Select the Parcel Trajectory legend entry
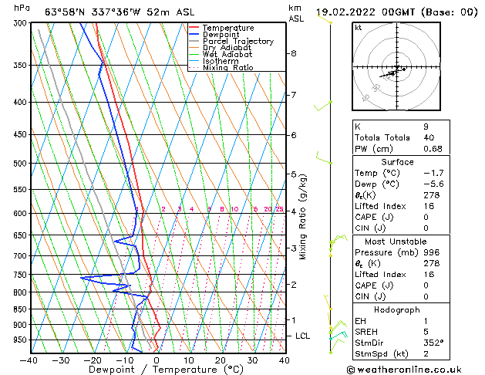(x=237, y=41)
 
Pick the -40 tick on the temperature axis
(x=29, y=360)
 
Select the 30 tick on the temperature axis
(x=252, y=360)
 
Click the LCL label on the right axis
(x=303, y=336)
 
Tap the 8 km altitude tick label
(x=294, y=53)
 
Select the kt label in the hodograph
(x=359, y=27)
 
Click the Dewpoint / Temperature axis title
(x=157, y=370)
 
